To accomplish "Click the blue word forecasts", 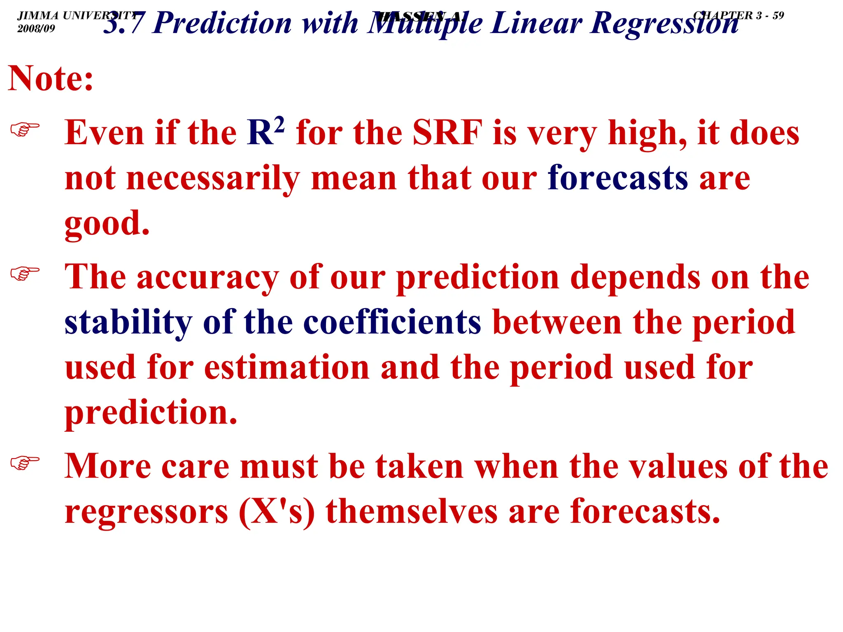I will click(617, 178).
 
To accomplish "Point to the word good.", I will click(107, 224).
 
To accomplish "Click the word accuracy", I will click(208, 277).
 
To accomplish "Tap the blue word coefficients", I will click(392, 322).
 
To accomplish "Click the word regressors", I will click(146, 511).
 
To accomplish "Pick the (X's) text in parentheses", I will click(277, 511).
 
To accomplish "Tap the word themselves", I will click(412, 511).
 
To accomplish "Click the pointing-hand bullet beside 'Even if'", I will click(25, 130).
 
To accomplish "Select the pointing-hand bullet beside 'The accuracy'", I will click(25, 274).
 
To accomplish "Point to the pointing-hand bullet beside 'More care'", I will click(25, 463).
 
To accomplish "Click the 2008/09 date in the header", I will click(36, 28).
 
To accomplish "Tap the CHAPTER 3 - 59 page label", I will click(738, 16).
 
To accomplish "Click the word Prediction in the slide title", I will click(222, 23).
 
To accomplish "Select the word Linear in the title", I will click(536, 23).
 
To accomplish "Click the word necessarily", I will click(213, 178).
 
